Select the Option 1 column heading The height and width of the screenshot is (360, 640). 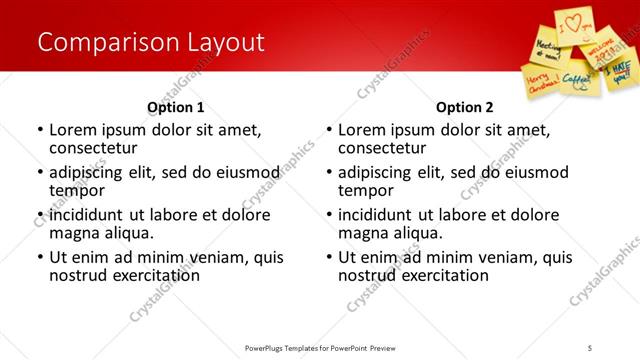(x=175, y=107)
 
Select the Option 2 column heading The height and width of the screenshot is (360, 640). (x=465, y=107)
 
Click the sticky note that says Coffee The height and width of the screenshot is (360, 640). (x=578, y=74)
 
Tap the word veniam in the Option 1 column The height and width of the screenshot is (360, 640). (x=215, y=257)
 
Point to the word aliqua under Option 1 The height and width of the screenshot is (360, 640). (x=124, y=233)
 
